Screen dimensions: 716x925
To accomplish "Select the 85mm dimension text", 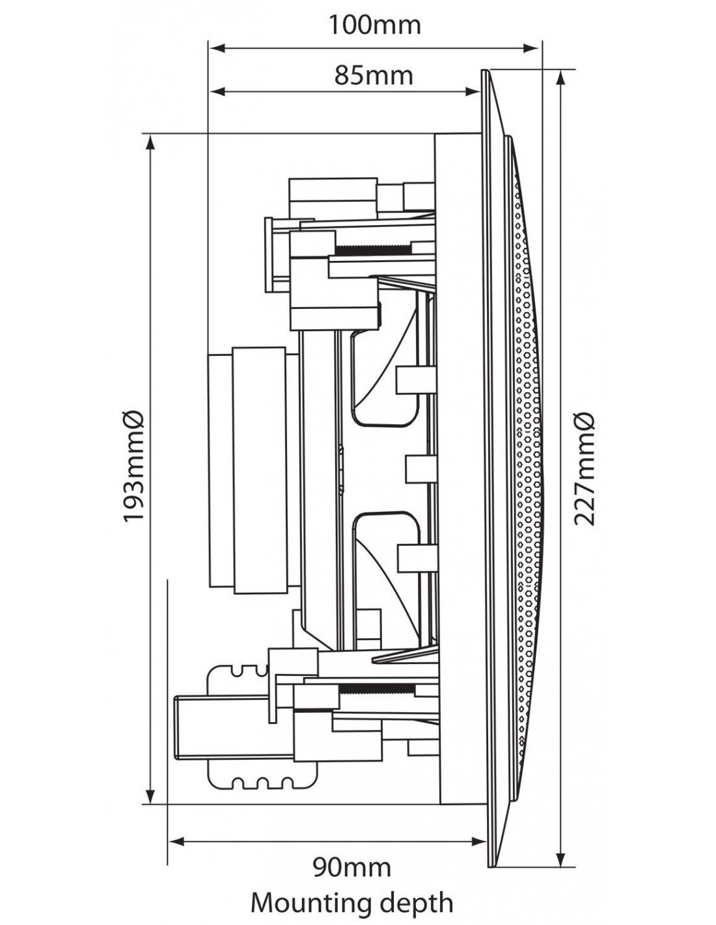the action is click(374, 75).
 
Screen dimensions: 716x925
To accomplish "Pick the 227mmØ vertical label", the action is click(584, 468).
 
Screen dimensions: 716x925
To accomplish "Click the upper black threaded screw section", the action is click(374, 248).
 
